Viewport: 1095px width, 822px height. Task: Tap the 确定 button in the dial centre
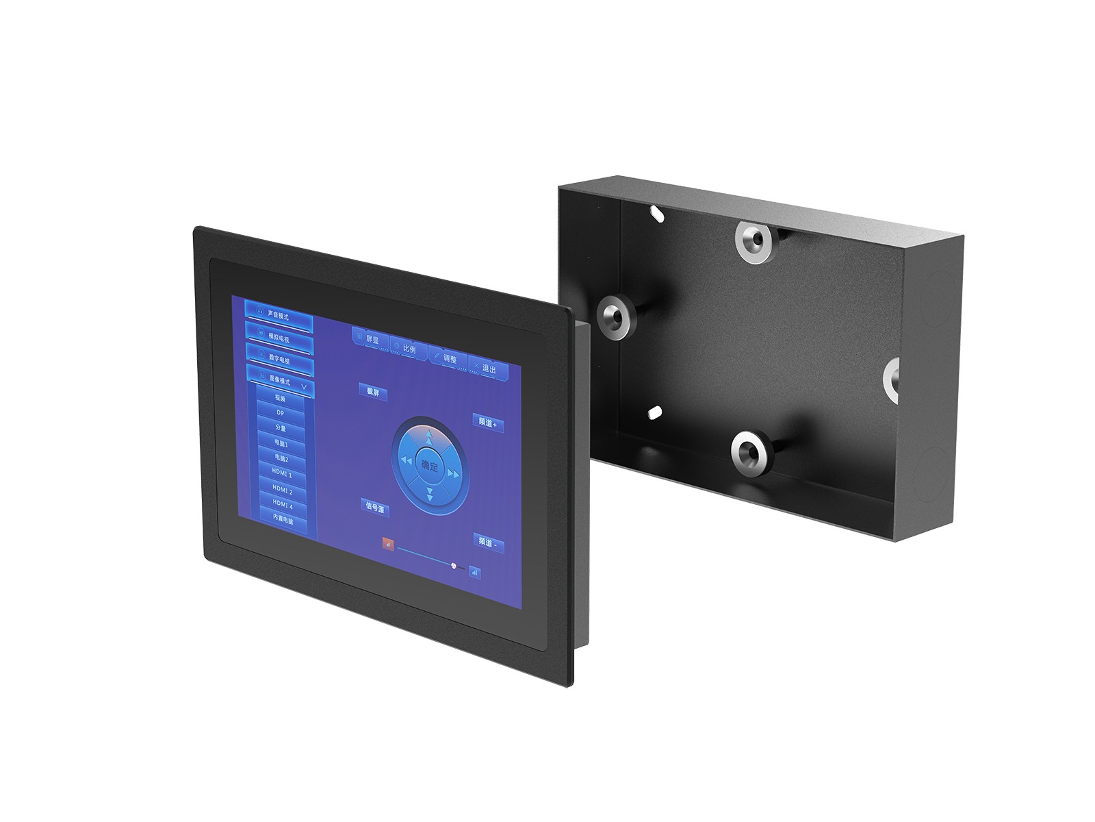tap(429, 466)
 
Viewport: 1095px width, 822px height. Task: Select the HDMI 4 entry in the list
tap(283, 506)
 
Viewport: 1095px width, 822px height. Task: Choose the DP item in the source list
tap(280, 413)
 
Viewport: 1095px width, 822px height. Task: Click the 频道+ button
tap(487, 423)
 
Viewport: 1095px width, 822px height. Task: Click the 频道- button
tap(488, 543)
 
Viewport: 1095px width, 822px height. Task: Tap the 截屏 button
tap(373, 393)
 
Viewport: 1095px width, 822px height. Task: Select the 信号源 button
tap(374, 508)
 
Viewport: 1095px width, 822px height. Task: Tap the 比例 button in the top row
tap(408, 348)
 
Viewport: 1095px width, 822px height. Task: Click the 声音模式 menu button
tap(278, 316)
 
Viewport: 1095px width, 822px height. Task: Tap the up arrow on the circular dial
tap(429, 436)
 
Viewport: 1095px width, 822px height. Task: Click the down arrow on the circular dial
tap(430, 495)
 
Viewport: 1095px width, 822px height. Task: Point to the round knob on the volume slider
tap(454, 565)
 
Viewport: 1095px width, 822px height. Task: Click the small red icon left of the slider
tap(388, 544)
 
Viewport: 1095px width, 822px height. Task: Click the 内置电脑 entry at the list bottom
tap(283, 521)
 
